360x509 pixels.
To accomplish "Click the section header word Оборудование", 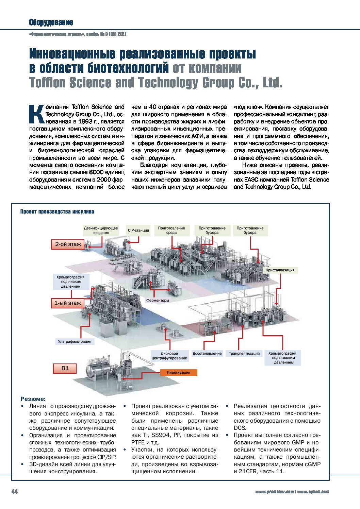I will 51,22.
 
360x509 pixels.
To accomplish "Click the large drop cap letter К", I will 36,114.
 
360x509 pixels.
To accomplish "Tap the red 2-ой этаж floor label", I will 68,244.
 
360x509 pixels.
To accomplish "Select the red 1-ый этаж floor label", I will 68,303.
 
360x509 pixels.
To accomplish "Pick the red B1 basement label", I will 65,368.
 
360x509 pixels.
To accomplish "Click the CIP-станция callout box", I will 138,230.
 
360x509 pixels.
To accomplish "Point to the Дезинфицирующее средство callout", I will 101,230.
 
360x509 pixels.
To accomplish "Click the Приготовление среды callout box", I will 171,230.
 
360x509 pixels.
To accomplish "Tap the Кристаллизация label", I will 280,270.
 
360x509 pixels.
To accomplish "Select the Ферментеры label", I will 157,300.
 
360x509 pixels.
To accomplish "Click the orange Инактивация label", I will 178,372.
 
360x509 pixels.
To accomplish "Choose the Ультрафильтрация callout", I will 75,341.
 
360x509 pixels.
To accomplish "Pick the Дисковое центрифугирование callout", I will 169,356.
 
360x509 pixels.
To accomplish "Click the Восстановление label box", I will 207,354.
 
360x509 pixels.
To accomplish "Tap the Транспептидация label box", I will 244,354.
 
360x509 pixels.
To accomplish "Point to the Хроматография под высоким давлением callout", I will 282,358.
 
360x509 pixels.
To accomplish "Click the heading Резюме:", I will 33,399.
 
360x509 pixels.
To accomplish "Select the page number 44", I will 15,492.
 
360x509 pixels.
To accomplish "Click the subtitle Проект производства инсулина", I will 57,211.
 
